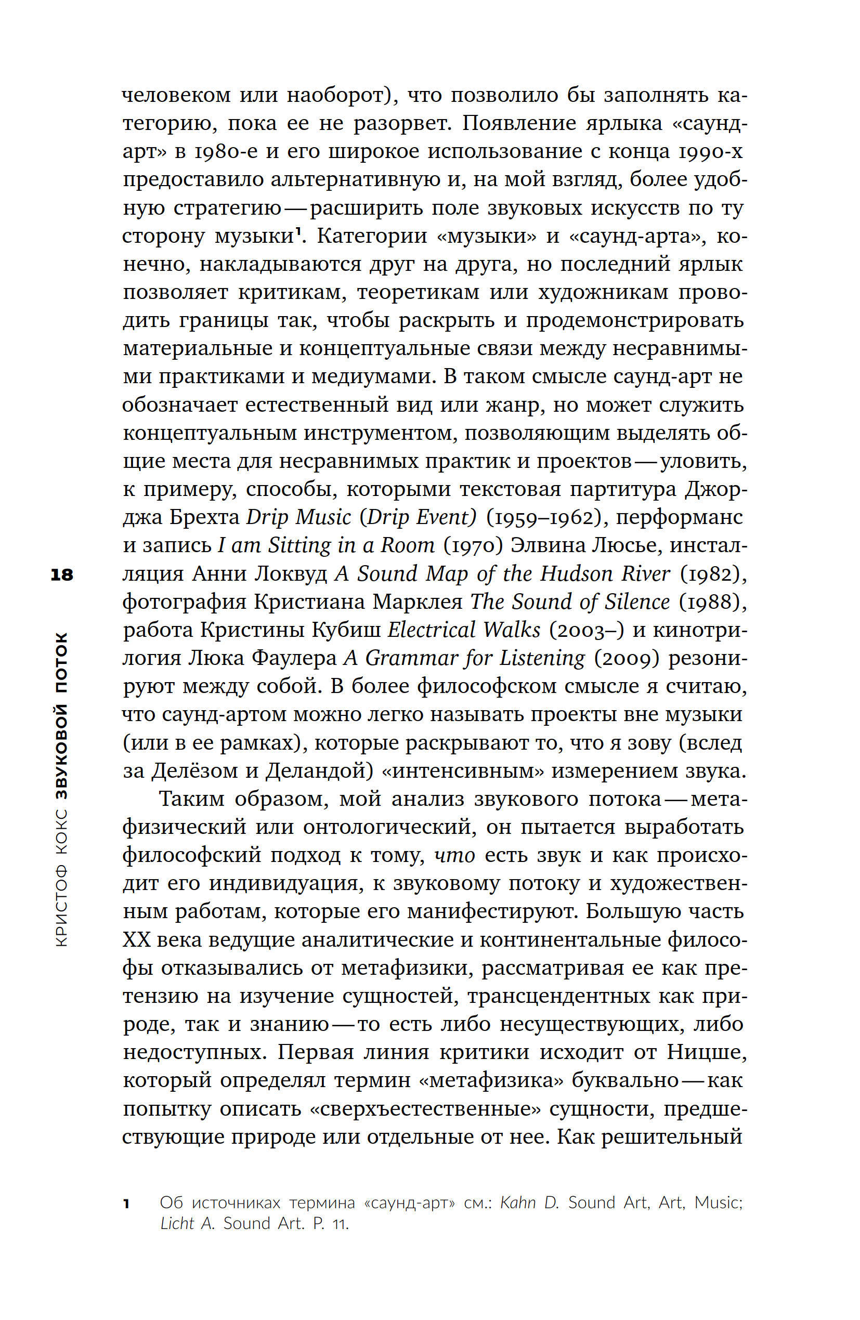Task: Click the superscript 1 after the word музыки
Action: [x=298, y=232]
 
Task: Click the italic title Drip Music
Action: [x=298, y=517]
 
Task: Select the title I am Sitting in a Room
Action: [x=325, y=546]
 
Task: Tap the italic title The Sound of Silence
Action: [x=570, y=603]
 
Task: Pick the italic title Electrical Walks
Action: [x=463, y=631]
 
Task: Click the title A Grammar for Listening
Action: [x=464, y=659]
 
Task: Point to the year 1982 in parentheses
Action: [x=710, y=574]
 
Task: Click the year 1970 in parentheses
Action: [x=473, y=546]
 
